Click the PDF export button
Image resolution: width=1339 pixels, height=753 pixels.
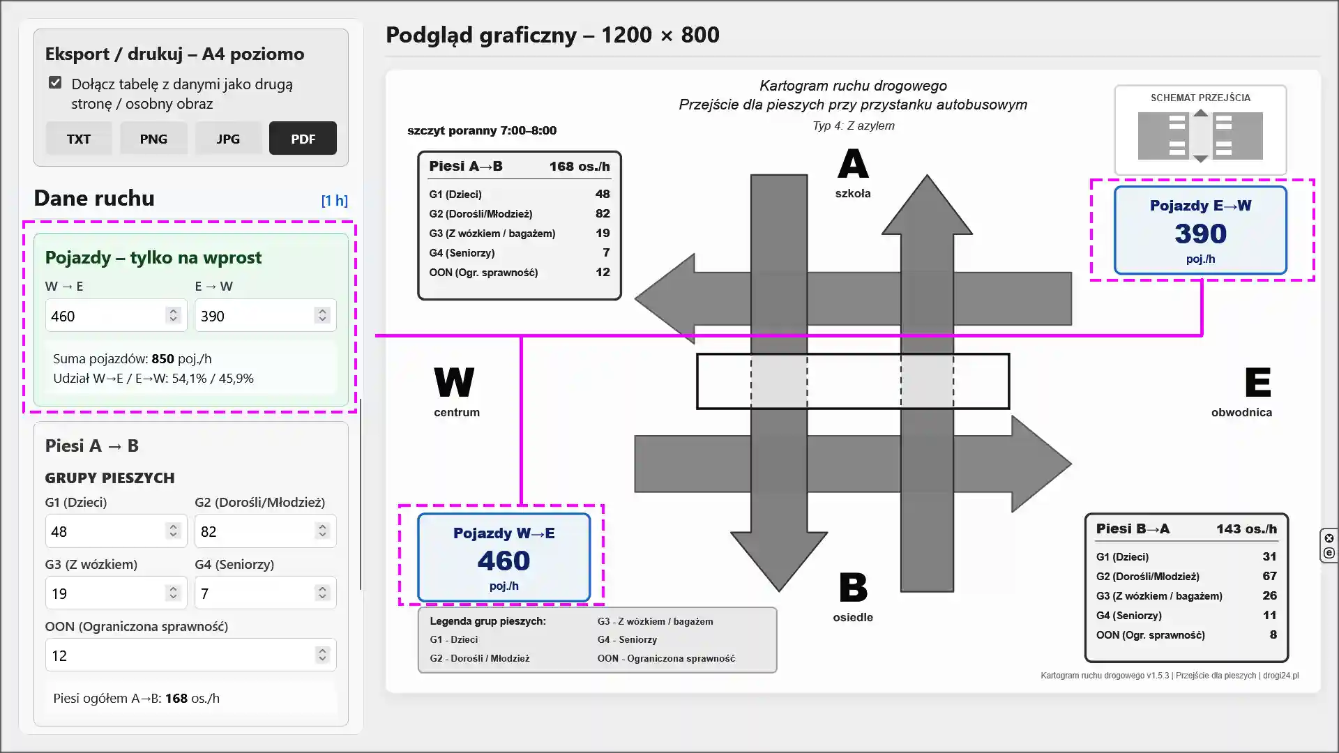tap(303, 138)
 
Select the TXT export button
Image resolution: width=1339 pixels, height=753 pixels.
tap(79, 138)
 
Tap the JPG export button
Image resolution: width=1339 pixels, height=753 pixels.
tap(228, 138)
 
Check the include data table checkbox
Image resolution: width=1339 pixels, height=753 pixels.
tap(55, 83)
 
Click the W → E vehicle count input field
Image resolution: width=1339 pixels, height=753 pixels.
tap(116, 316)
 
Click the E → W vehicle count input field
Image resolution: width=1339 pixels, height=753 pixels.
tap(265, 316)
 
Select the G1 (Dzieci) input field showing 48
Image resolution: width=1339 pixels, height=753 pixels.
tap(116, 531)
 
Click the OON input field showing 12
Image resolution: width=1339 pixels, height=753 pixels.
tap(190, 655)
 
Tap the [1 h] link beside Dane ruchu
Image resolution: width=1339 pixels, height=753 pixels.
tap(334, 201)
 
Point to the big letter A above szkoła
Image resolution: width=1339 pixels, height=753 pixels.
tap(853, 165)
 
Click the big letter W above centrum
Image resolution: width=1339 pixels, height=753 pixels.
tap(454, 382)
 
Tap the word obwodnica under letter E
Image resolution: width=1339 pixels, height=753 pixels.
tap(1241, 412)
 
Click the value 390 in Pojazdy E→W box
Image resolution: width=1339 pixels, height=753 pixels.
tap(1200, 234)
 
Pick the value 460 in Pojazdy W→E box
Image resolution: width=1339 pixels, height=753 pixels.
tap(504, 561)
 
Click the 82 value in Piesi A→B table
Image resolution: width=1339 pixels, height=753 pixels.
tap(603, 213)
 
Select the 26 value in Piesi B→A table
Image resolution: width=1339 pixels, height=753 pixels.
tap(1269, 595)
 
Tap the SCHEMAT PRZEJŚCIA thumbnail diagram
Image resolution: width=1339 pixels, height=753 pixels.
tap(1200, 136)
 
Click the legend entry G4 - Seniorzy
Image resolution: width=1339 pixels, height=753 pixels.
tap(627, 639)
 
